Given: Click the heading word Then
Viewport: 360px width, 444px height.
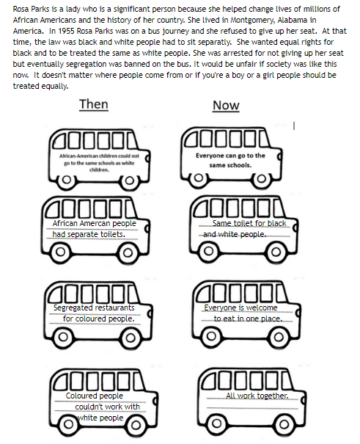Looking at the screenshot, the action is [x=94, y=104].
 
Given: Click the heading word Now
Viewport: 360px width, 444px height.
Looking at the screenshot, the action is [x=226, y=106].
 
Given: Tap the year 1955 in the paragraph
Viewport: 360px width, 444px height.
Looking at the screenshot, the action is [x=67, y=31].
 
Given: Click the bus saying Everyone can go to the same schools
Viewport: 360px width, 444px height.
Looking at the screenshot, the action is [x=231, y=158].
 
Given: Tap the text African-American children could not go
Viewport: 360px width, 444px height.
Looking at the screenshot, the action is [x=99, y=159].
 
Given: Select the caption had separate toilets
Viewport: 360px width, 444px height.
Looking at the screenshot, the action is [x=89, y=234].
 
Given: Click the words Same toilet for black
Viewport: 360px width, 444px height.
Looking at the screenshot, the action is [x=249, y=223].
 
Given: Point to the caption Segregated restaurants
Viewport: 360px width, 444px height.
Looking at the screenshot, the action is [x=94, y=307].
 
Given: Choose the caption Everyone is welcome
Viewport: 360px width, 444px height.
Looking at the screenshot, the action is [x=240, y=307].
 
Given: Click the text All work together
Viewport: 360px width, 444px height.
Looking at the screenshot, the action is [x=257, y=396].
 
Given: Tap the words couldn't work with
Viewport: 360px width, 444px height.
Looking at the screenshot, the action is [x=108, y=407].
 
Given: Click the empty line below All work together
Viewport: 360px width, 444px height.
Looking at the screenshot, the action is [x=252, y=408].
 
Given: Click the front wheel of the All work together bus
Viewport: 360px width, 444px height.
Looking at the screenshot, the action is [x=284, y=424].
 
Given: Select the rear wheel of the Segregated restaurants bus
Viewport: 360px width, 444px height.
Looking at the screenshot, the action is [x=63, y=337].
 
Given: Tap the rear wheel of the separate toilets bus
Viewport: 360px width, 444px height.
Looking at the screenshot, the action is [x=60, y=252].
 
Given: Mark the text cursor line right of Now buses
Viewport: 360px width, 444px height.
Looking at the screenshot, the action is [x=294, y=125].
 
